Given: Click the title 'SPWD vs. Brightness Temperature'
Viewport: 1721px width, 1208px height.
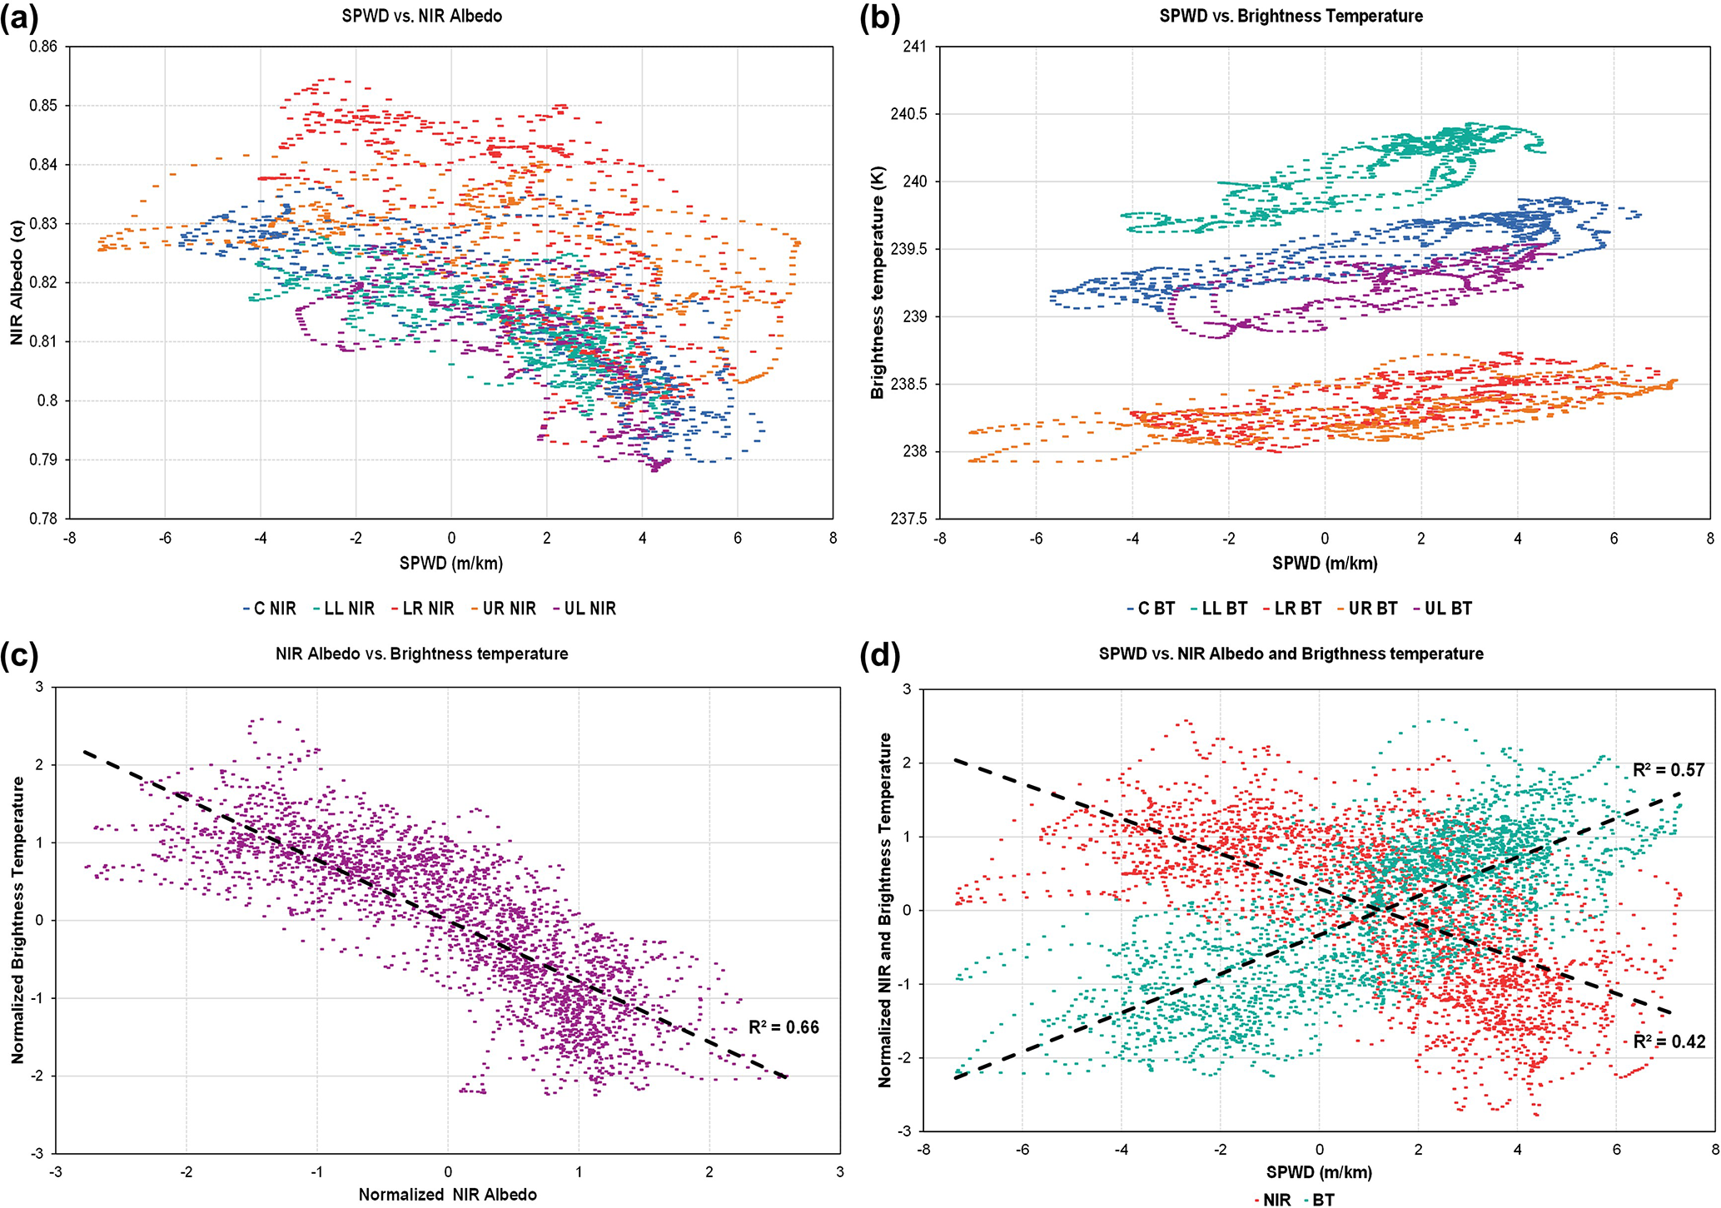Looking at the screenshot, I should tap(1291, 16).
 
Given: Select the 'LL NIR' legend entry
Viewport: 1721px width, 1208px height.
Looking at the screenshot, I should tap(344, 609).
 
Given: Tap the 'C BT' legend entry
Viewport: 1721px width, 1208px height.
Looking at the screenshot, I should tap(1151, 609).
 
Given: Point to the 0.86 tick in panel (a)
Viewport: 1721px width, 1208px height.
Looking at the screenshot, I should tap(43, 47).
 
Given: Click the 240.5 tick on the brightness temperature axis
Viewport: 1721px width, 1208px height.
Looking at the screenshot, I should tap(909, 114).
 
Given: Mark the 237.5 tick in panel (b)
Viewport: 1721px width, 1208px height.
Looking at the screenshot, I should tap(909, 519).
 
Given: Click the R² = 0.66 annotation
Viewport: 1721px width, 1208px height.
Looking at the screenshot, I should tap(783, 1027).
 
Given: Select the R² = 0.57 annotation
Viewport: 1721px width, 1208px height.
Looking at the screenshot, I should tap(1669, 770).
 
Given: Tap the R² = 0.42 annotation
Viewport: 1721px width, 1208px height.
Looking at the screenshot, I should tap(1669, 1041).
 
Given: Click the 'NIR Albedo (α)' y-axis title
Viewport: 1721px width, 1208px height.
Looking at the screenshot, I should tap(17, 283).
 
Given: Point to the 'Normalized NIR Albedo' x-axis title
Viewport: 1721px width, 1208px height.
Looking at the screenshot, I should tap(447, 1195).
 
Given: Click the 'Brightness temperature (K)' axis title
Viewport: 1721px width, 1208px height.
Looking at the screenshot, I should tap(878, 283).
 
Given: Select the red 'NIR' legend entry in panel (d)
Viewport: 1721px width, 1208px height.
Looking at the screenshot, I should tap(1273, 1200).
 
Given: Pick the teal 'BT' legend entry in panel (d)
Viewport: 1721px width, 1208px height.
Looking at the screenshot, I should tap(1319, 1200).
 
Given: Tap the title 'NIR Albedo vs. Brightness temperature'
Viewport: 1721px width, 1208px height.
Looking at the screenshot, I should tap(421, 654).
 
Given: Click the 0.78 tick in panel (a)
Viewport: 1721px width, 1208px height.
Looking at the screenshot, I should tap(43, 519).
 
